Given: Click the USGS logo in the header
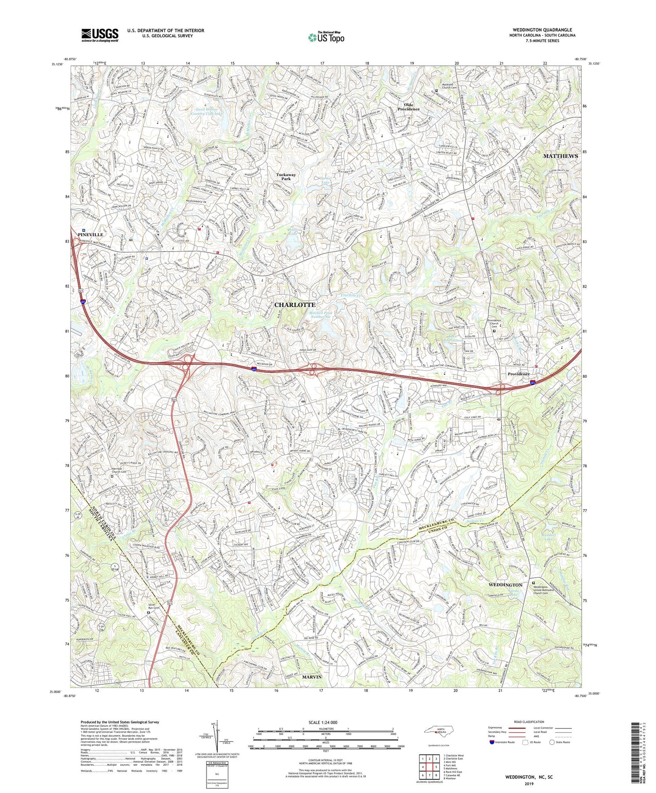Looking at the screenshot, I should tap(100, 35).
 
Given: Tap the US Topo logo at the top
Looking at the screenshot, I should tap(326, 38).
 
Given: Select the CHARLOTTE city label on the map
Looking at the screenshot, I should tap(295, 304).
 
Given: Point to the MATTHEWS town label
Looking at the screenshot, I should tap(560, 156).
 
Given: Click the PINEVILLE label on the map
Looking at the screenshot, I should tap(90, 234).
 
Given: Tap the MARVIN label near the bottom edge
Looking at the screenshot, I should tap(311, 677).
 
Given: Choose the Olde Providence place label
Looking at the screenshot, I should tap(409, 106).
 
